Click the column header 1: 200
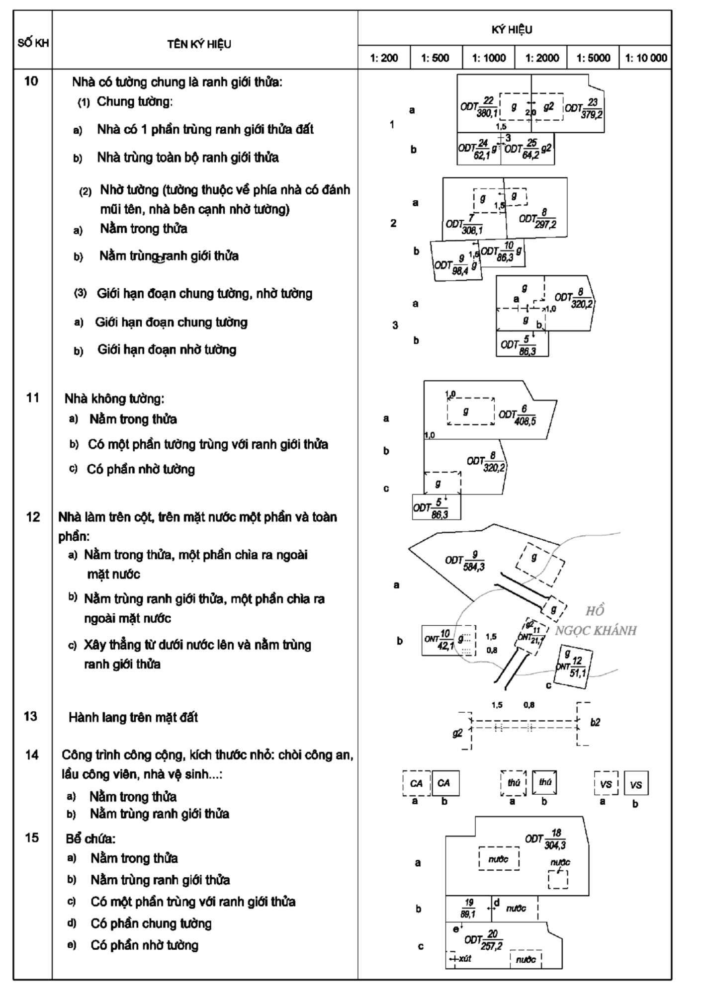(384, 58)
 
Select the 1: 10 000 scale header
(645, 58)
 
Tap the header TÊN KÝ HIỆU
(199, 44)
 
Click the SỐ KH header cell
(33, 43)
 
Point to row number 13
(31, 716)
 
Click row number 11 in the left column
(32, 398)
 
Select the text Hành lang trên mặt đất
(133, 717)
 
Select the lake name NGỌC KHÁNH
(595, 631)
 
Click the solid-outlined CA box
(445, 783)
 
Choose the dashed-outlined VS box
(606, 783)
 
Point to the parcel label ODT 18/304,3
(546, 839)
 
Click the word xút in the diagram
(465, 958)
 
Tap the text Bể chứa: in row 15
(90, 839)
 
